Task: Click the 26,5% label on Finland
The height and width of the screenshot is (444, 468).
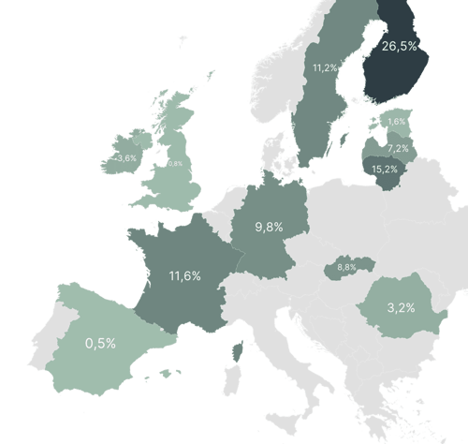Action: (401, 46)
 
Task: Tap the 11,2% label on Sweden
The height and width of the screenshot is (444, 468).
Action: (325, 67)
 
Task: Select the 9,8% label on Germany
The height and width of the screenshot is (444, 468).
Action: (269, 226)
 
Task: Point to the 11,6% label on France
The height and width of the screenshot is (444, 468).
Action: (184, 275)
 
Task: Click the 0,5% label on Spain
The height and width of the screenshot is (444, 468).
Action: (100, 343)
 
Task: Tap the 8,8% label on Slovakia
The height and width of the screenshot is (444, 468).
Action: (345, 268)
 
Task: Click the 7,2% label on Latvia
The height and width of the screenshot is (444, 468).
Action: (398, 149)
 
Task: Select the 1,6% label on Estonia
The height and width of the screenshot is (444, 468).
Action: (397, 122)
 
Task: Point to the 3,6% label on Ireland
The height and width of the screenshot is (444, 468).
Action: (124, 158)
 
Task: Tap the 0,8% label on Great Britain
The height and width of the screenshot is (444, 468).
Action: (174, 163)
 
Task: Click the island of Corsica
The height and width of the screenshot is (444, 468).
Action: (238, 353)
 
